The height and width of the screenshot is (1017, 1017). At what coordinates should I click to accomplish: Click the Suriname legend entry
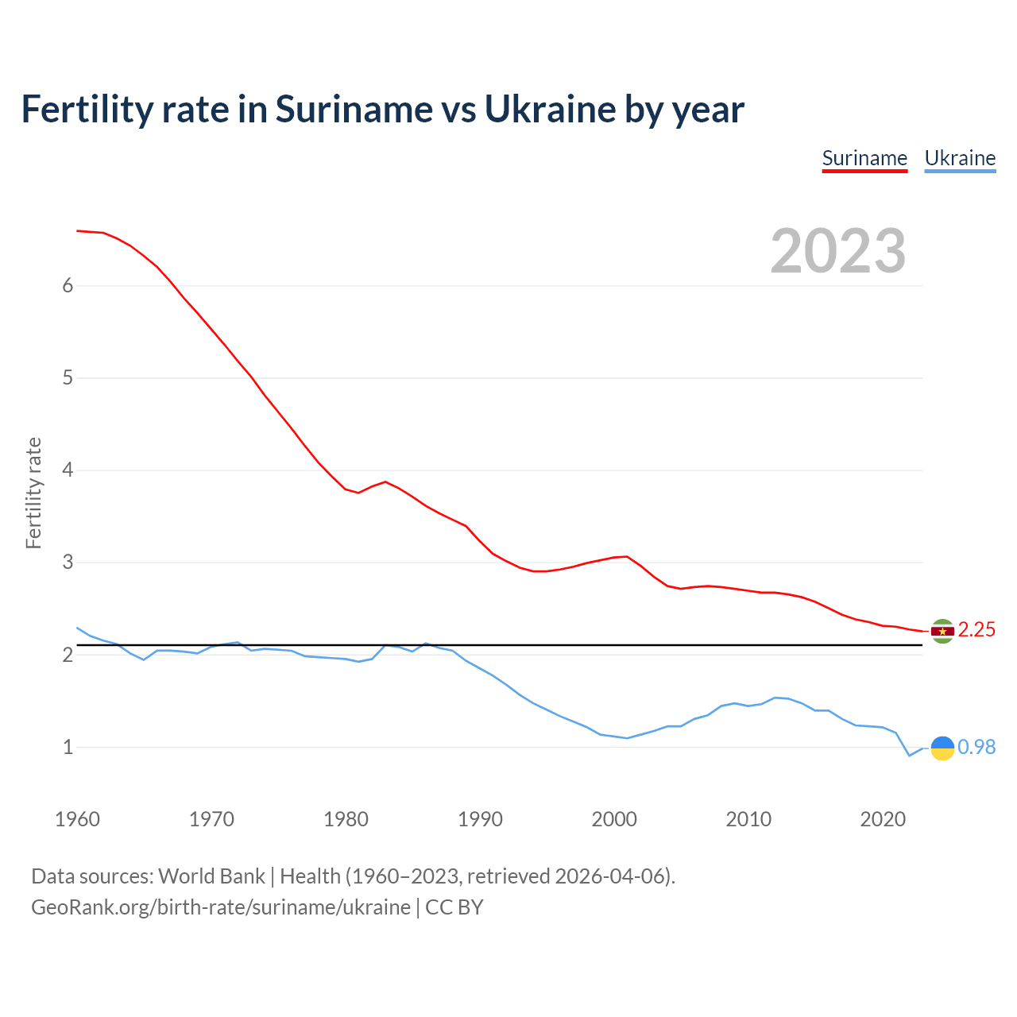coord(864,158)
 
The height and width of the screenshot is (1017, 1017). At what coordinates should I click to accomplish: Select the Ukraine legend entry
coord(960,158)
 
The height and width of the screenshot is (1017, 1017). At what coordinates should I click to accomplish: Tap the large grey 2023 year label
coord(838,251)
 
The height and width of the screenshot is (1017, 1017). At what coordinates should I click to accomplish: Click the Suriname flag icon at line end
coord(942,631)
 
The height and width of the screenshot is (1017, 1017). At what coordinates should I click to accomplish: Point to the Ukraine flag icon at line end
coord(942,748)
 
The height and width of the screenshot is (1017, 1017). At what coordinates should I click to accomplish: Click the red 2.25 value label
coord(976,630)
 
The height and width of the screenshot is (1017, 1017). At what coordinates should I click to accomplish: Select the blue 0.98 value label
coord(976,747)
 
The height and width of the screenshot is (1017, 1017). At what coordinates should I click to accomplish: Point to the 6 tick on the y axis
coord(68,286)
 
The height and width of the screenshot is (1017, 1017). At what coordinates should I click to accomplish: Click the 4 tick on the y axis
coord(68,470)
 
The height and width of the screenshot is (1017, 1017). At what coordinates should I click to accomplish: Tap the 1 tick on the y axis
coord(68,748)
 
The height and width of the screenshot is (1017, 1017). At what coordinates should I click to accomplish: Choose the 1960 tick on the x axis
coord(77,819)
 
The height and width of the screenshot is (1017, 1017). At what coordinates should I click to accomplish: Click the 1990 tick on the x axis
coord(480,819)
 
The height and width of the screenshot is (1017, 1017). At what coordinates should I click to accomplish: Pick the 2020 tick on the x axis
coord(883,819)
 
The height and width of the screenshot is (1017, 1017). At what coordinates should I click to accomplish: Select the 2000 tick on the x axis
coord(614,819)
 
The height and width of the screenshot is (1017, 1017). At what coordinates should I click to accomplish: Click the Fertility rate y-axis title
coord(33,493)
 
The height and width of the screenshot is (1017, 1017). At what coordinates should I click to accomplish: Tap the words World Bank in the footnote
coord(211,876)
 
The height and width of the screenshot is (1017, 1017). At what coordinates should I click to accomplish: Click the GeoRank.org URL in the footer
coord(220,907)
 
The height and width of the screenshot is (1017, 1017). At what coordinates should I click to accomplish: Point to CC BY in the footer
coord(454,907)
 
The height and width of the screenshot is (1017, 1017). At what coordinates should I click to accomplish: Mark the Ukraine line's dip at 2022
coord(910,756)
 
